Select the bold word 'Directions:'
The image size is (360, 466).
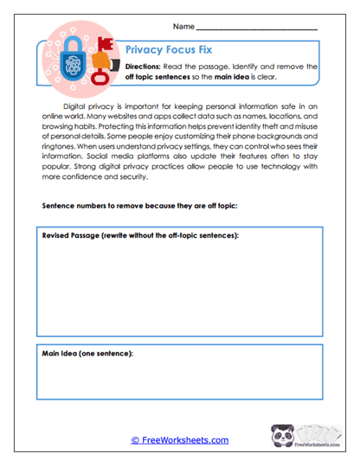[x=148, y=67]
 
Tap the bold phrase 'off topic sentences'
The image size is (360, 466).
[x=163, y=78]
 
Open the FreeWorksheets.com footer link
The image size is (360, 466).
[x=179, y=440]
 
